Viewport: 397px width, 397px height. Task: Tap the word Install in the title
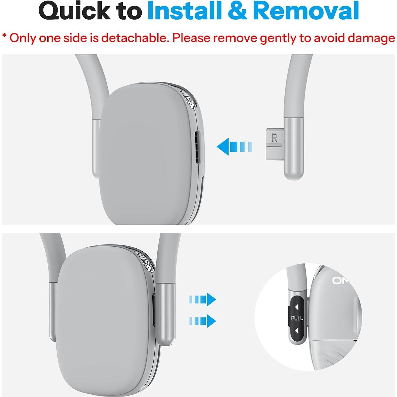click(x=185, y=11)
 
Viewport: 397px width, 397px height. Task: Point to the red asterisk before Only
click(x=4, y=36)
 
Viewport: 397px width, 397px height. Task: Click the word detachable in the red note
click(x=136, y=38)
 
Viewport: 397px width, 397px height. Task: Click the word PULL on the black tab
click(x=297, y=318)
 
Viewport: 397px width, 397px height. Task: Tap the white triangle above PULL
click(x=297, y=307)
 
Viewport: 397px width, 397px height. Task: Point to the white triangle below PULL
click(x=297, y=331)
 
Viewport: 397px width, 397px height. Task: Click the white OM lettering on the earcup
click(x=341, y=281)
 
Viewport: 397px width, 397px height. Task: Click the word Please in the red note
click(x=192, y=38)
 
